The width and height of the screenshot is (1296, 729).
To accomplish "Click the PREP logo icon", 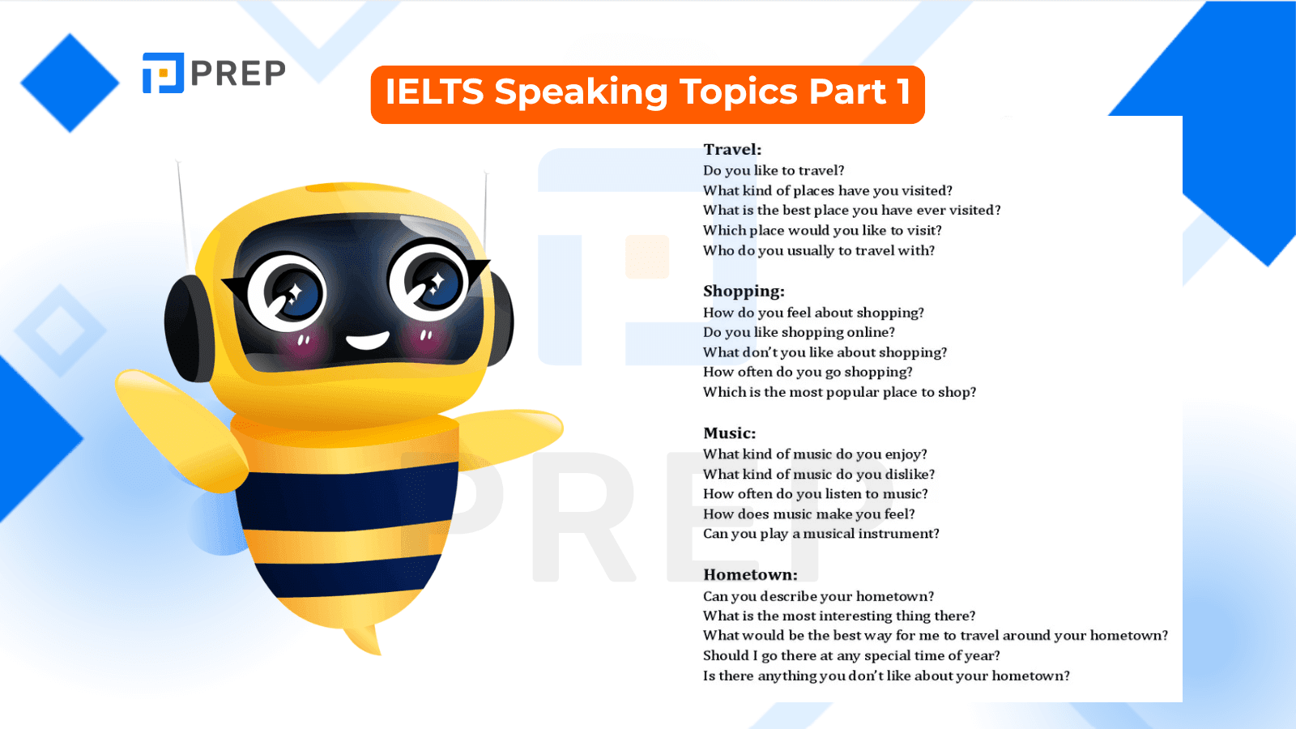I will (163, 73).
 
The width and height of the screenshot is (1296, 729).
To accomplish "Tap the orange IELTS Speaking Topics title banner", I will (647, 94).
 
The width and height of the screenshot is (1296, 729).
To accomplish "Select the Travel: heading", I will (732, 150).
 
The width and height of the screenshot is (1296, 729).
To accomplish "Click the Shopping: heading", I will (744, 292).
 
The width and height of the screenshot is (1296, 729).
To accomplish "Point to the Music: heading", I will (729, 433).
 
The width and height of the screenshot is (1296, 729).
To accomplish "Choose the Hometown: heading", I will (750, 575).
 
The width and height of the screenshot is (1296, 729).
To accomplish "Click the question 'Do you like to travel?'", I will (774, 171).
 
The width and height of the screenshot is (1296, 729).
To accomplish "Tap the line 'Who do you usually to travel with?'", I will (819, 251).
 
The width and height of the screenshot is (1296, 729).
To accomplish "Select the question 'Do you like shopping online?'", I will (799, 332).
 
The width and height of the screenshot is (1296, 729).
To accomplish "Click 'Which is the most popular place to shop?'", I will (839, 392).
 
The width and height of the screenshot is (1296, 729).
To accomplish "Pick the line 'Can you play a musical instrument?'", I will (821, 534).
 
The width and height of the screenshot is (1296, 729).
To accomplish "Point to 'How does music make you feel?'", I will (809, 514).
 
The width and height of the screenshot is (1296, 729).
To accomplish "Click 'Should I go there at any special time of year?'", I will (851, 656).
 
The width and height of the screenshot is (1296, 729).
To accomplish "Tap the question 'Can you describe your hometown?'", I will (818, 596).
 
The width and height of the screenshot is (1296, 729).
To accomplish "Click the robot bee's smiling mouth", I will (367, 340).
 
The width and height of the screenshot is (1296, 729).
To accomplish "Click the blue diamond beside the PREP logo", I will (70, 83).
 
